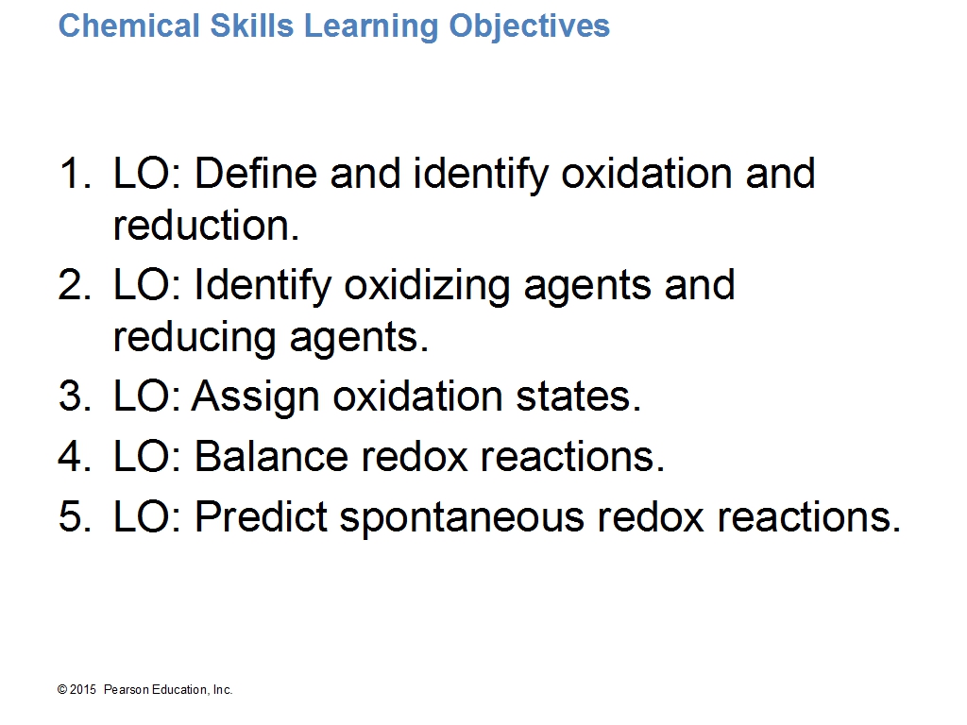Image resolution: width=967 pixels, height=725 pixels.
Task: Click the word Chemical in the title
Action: click(x=128, y=25)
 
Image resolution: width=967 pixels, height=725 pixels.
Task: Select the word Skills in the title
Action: click(x=251, y=25)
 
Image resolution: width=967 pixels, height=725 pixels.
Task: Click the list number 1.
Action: click(x=75, y=173)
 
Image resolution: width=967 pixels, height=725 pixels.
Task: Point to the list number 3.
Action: click(x=75, y=396)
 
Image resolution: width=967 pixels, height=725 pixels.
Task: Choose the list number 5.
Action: click(x=75, y=516)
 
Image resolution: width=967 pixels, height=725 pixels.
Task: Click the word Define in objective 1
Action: click(x=256, y=173)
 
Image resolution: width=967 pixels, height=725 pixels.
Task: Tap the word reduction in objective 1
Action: click(x=206, y=225)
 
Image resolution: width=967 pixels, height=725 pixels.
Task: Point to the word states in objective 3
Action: click(x=578, y=396)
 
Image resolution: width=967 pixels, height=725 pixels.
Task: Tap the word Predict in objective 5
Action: click(x=261, y=516)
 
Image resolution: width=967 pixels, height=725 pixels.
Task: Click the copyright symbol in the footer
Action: click(x=62, y=690)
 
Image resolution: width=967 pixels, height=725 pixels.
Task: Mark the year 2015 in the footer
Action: click(x=83, y=690)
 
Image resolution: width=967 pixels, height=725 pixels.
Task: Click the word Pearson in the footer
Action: click(x=127, y=690)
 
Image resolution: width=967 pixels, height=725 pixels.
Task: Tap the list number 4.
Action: click(x=75, y=456)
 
